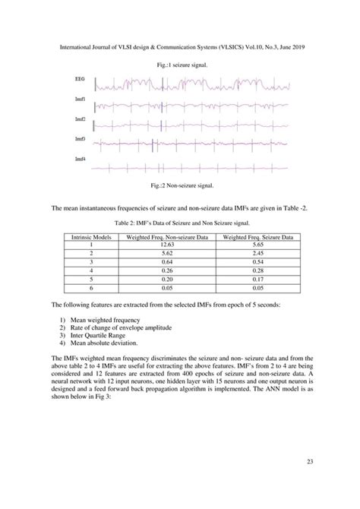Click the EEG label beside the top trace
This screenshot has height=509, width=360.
point(80,79)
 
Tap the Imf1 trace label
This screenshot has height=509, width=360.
point(80,100)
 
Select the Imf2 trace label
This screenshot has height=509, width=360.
point(80,119)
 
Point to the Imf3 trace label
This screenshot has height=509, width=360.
point(80,139)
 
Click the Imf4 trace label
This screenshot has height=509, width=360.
point(80,158)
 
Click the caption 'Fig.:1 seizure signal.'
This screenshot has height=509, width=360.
point(179,66)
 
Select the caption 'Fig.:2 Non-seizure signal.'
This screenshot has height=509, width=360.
point(179,185)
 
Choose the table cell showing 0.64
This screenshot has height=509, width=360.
point(168,264)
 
